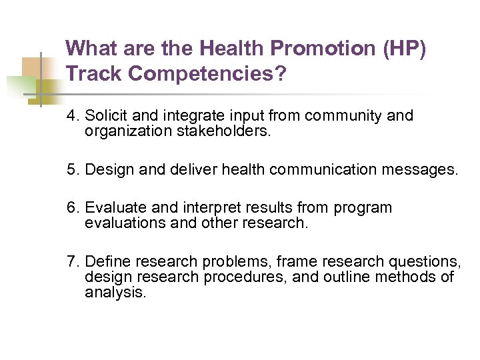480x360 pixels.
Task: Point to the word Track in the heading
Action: pyautogui.click(x=95, y=74)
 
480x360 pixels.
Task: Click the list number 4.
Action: pyautogui.click(x=72, y=116)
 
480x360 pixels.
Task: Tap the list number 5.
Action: pyautogui.click(x=72, y=169)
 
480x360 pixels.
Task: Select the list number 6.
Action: pyautogui.click(x=72, y=208)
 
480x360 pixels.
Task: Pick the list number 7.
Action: pyautogui.click(x=72, y=261)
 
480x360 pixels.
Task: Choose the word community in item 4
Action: pyautogui.click(x=344, y=116)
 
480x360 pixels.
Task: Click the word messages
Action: pyautogui.click(x=425, y=169)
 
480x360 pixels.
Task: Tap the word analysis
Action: pyautogui.click(x=114, y=292)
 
